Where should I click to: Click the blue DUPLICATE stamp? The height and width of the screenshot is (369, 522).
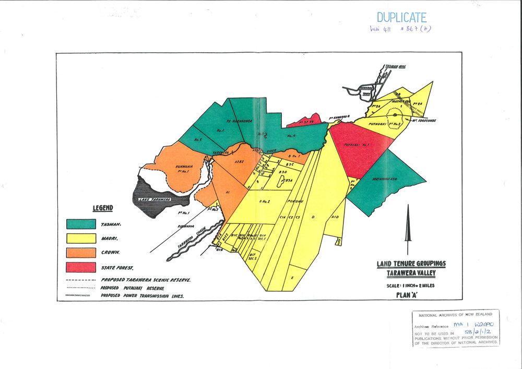click(x=401, y=18)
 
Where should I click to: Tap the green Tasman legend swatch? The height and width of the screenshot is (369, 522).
click(x=81, y=223)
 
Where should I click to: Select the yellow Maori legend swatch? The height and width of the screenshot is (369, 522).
click(x=81, y=238)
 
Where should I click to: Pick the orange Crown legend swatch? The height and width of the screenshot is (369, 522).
click(x=81, y=253)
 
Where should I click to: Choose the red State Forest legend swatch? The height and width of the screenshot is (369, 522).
click(x=81, y=267)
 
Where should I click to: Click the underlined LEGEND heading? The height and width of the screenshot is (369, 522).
click(x=103, y=208)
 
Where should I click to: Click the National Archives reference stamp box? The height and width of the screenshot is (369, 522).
click(x=455, y=327)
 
